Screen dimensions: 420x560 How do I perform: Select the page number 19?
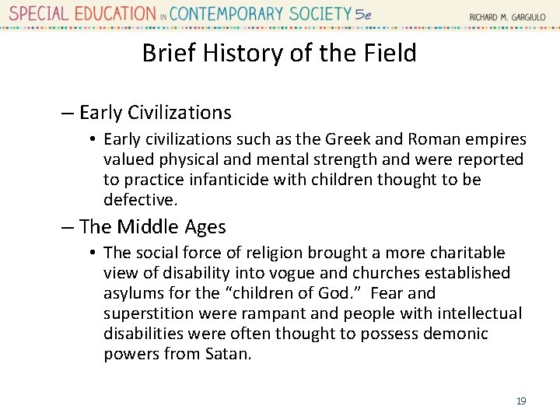[x=520, y=401]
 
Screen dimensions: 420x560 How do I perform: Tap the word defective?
[x=139, y=201]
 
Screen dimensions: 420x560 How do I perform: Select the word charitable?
[x=467, y=254]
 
